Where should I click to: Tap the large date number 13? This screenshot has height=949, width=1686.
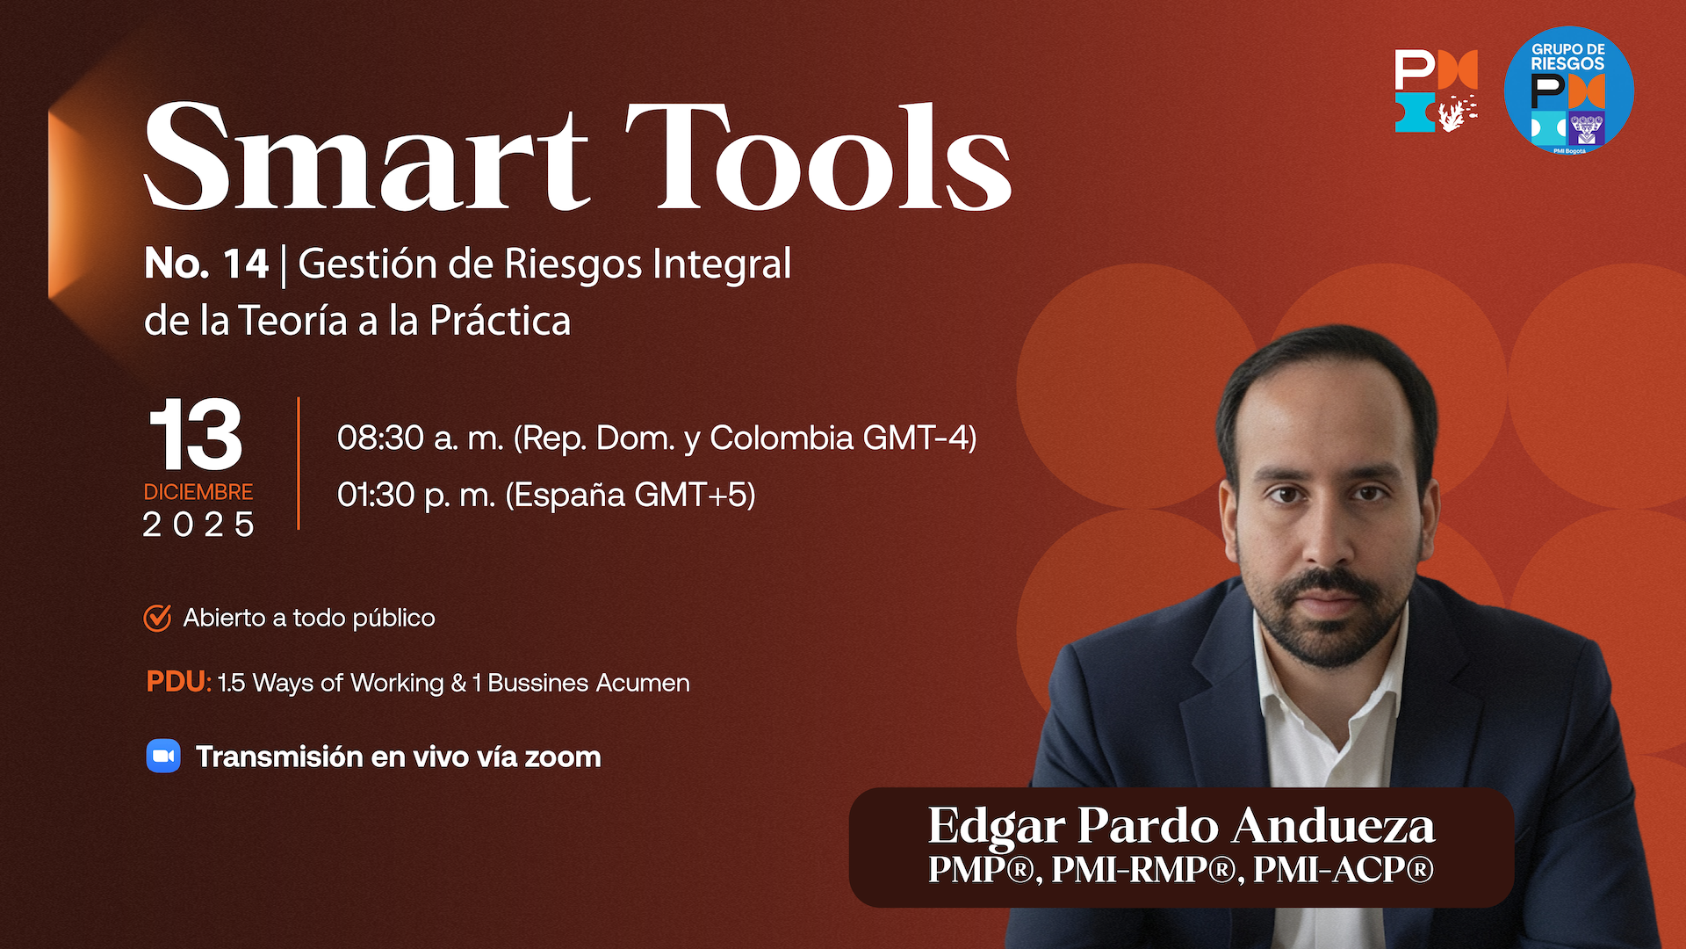(x=195, y=435)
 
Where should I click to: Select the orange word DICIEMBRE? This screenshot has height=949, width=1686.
(x=198, y=492)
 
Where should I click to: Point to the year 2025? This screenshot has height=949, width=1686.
(x=198, y=525)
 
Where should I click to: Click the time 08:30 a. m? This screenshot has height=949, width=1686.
(x=421, y=438)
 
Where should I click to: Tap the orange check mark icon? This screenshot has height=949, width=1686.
(x=157, y=618)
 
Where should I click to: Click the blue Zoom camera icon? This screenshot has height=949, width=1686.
(x=163, y=757)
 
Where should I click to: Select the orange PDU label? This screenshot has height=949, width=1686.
(x=178, y=682)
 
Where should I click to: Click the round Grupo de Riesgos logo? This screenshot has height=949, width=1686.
(x=1568, y=91)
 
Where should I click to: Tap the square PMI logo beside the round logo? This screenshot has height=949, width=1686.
(x=1437, y=91)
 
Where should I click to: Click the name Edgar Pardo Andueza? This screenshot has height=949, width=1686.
(x=1181, y=826)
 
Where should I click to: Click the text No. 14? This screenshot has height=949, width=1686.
(x=206, y=264)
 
